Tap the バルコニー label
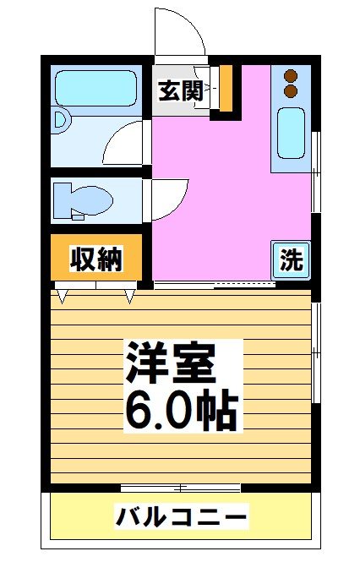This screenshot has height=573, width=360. [181, 515]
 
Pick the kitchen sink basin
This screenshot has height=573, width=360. [291, 134]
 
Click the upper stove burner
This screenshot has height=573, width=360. [292, 74]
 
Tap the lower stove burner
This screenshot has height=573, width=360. [292, 89]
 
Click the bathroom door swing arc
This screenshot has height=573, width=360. [127, 144]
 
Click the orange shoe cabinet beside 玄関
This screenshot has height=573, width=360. [225, 87]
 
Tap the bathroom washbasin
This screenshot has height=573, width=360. [58, 121]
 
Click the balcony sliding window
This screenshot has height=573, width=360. [181, 488]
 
